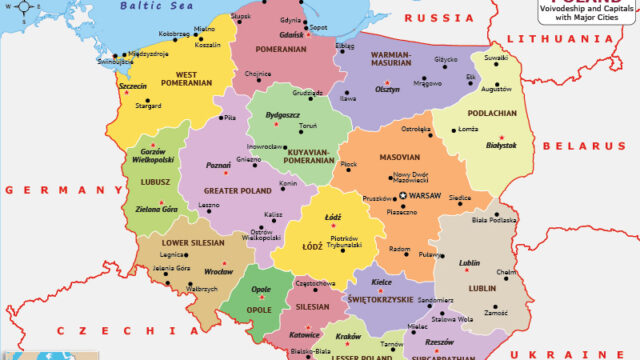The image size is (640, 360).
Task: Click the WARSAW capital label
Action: [x=429, y=193]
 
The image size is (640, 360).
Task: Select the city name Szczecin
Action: [x=132, y=87]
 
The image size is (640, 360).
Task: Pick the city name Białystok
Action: [x=502, y=145]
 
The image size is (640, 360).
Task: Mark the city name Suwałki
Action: [x=497, y=59]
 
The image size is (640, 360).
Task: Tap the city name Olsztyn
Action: [x=387, y=89]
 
